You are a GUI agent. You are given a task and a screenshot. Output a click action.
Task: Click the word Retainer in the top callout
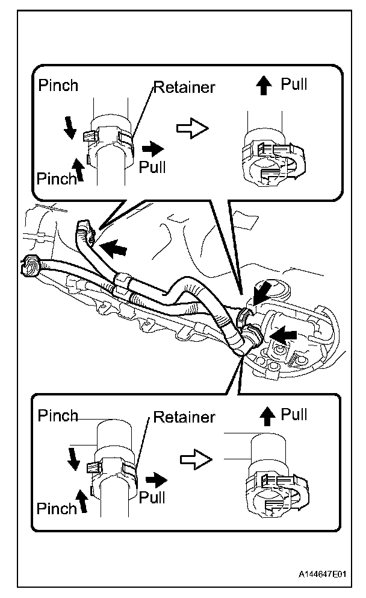coord(185,88)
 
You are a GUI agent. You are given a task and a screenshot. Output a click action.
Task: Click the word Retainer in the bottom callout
coord(184,417)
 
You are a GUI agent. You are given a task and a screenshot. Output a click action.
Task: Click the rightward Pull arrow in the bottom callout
coord(158,480)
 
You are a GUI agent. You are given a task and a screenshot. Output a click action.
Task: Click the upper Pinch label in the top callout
coord(58,85)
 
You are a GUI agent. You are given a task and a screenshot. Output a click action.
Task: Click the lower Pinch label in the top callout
coord(56,178)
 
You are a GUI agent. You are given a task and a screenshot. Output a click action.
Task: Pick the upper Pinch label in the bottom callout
coord(58,415)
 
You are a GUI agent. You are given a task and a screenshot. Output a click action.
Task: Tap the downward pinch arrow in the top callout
coord(70,126)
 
